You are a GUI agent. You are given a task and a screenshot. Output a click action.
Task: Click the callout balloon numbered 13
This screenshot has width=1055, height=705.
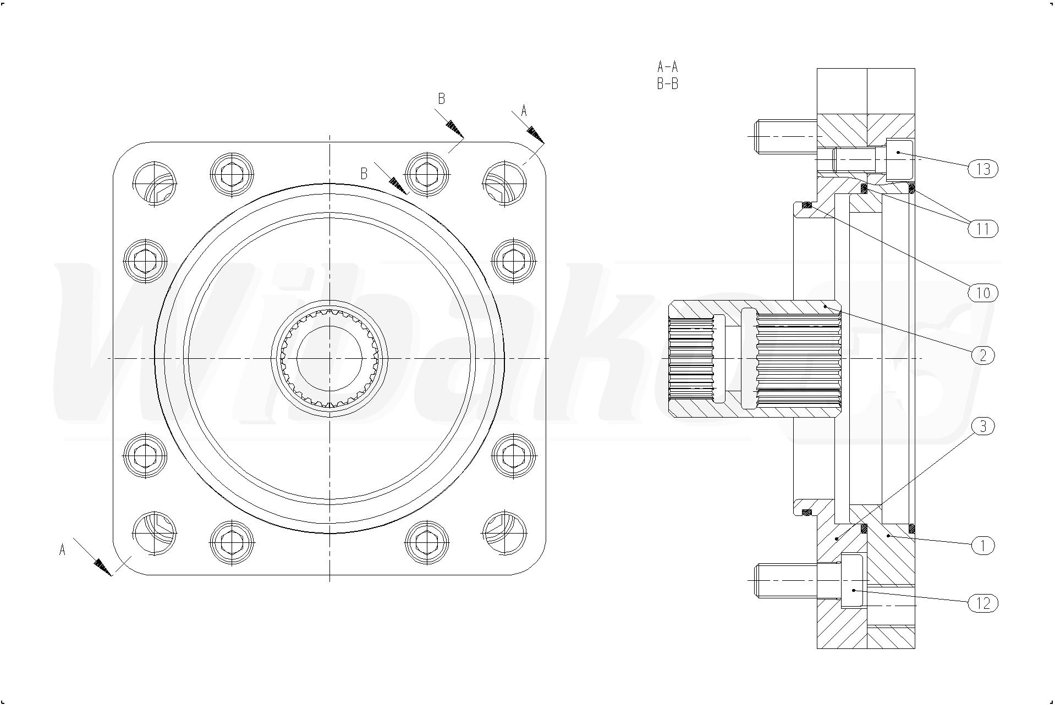983,169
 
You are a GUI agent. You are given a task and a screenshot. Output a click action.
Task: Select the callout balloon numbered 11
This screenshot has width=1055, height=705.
983,228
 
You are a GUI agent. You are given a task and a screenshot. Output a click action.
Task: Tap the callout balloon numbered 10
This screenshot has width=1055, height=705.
983,293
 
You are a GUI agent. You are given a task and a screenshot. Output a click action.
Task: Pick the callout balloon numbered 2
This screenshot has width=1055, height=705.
983,355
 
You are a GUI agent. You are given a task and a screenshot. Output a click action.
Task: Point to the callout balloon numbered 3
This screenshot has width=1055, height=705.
983,426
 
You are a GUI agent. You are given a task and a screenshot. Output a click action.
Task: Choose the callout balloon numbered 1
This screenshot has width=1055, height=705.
983,546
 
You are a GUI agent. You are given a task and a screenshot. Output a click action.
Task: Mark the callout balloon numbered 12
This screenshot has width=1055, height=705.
983,603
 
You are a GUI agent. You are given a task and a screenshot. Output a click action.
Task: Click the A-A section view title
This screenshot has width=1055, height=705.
668,67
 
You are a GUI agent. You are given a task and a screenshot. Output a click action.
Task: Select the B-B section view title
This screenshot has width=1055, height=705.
668,84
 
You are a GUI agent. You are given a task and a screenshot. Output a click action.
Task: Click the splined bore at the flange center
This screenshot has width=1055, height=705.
329,358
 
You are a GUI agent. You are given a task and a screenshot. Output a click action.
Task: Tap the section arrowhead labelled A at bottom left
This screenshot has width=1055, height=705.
102,567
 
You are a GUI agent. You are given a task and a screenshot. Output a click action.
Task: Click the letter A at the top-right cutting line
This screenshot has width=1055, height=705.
524,111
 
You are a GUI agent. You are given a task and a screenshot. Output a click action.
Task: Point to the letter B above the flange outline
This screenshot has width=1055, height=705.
441,99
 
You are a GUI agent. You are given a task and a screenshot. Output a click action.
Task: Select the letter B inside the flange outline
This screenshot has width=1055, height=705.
364,174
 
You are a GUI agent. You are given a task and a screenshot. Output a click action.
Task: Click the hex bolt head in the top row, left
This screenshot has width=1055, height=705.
232,174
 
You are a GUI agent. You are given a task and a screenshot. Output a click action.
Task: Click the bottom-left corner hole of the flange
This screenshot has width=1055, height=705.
155,533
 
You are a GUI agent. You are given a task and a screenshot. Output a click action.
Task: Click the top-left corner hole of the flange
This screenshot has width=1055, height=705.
155,184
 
